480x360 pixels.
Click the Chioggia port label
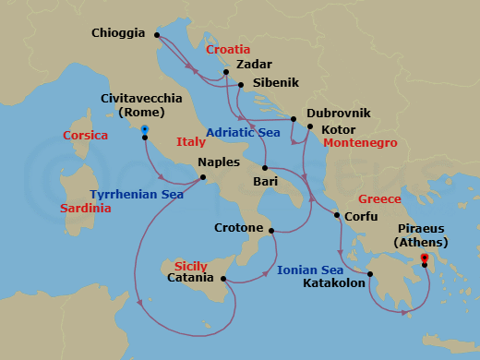coord(118,33)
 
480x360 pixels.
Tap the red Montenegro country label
coord(361,144)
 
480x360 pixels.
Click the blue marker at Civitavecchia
coord(145,129)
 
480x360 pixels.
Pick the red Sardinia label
coord(85,209)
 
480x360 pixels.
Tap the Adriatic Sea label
coord(243,133)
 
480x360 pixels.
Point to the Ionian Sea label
coord(310,270)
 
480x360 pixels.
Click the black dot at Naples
coord(203,177)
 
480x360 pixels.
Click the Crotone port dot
coord(271,228)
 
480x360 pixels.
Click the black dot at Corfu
coord(335,216)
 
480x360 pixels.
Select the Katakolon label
coord(332,283)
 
